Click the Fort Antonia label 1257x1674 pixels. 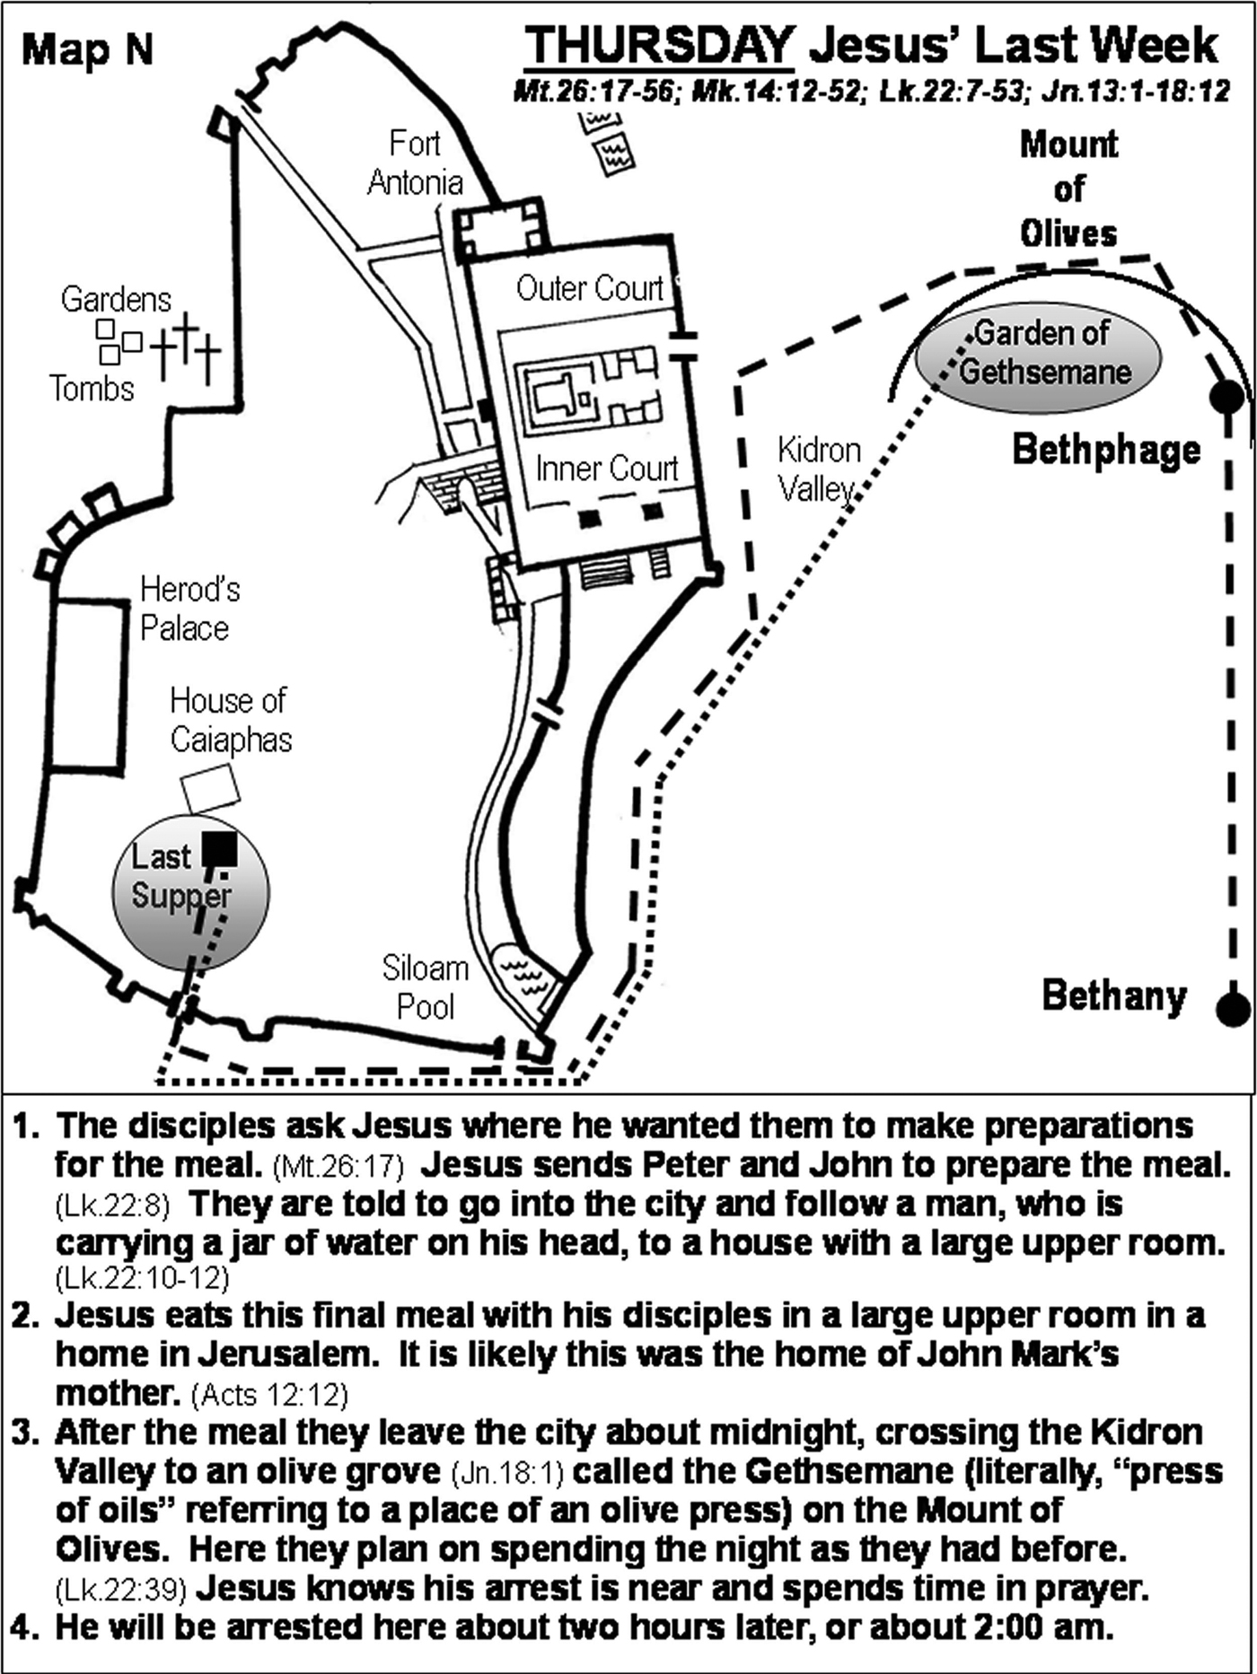point(415,162)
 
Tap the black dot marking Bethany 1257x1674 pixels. point(1233,1009)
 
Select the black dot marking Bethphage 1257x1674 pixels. point(1226,396)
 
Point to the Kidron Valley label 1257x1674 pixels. point(818,469)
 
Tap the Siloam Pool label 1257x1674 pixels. point(425,987)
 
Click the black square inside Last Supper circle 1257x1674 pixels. point(219,849)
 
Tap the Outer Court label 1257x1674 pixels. point(589,288)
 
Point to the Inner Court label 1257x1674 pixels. point(606,469)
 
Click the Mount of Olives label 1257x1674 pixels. point(1068,188)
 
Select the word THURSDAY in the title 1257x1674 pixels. point(659,45)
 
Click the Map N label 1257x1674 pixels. point(87,49)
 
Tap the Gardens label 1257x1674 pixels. point(115,299)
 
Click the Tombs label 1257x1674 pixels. point(92,389)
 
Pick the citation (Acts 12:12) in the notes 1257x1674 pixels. point(269,1394)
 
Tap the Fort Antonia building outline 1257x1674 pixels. point(500,231)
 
